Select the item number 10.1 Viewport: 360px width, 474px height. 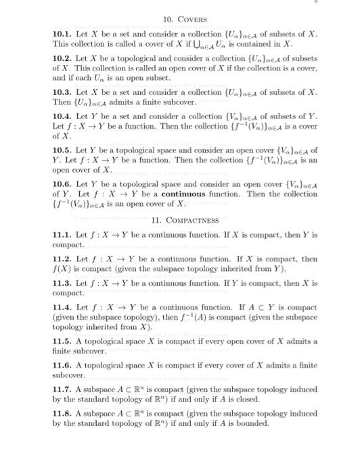(x=61, y=33)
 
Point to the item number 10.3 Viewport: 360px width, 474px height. (x=61, y=92)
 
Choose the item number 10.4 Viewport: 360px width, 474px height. (x=61, y=118)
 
